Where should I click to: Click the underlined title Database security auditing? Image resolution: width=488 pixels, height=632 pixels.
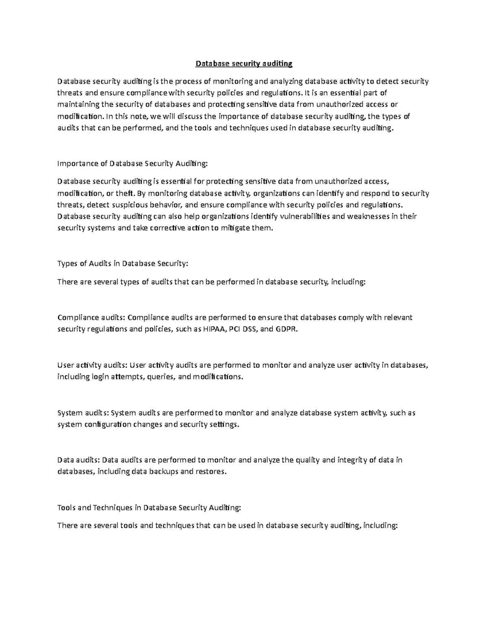click(x=244, y=63)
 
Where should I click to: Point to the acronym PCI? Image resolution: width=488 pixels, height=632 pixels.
click(x=235, y=329)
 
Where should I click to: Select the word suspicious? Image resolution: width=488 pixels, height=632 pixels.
click(x=124, y=205)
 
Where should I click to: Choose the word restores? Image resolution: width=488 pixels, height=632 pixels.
click(x=210, y=472)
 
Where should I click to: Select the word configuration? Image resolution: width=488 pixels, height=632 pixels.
click(x=108, y=424)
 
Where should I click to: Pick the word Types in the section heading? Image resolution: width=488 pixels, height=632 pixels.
click(x=67, y=263)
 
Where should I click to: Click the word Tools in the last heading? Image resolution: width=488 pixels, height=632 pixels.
click(x=66, y=507)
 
